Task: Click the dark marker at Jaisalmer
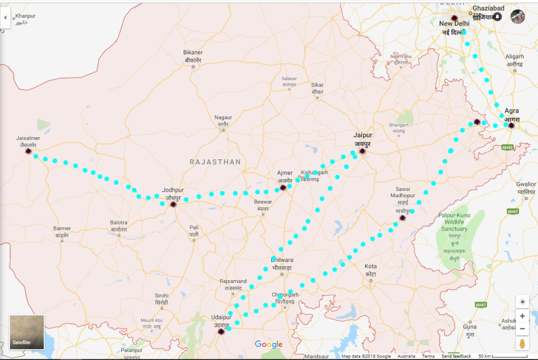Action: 28,151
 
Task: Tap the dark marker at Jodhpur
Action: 173,204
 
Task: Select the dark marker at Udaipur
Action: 221,331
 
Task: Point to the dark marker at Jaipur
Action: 362,151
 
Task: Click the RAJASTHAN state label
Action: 215,162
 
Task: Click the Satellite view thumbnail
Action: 27,332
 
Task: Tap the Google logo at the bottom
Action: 268,345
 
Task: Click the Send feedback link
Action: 456,356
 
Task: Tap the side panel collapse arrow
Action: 5,18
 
